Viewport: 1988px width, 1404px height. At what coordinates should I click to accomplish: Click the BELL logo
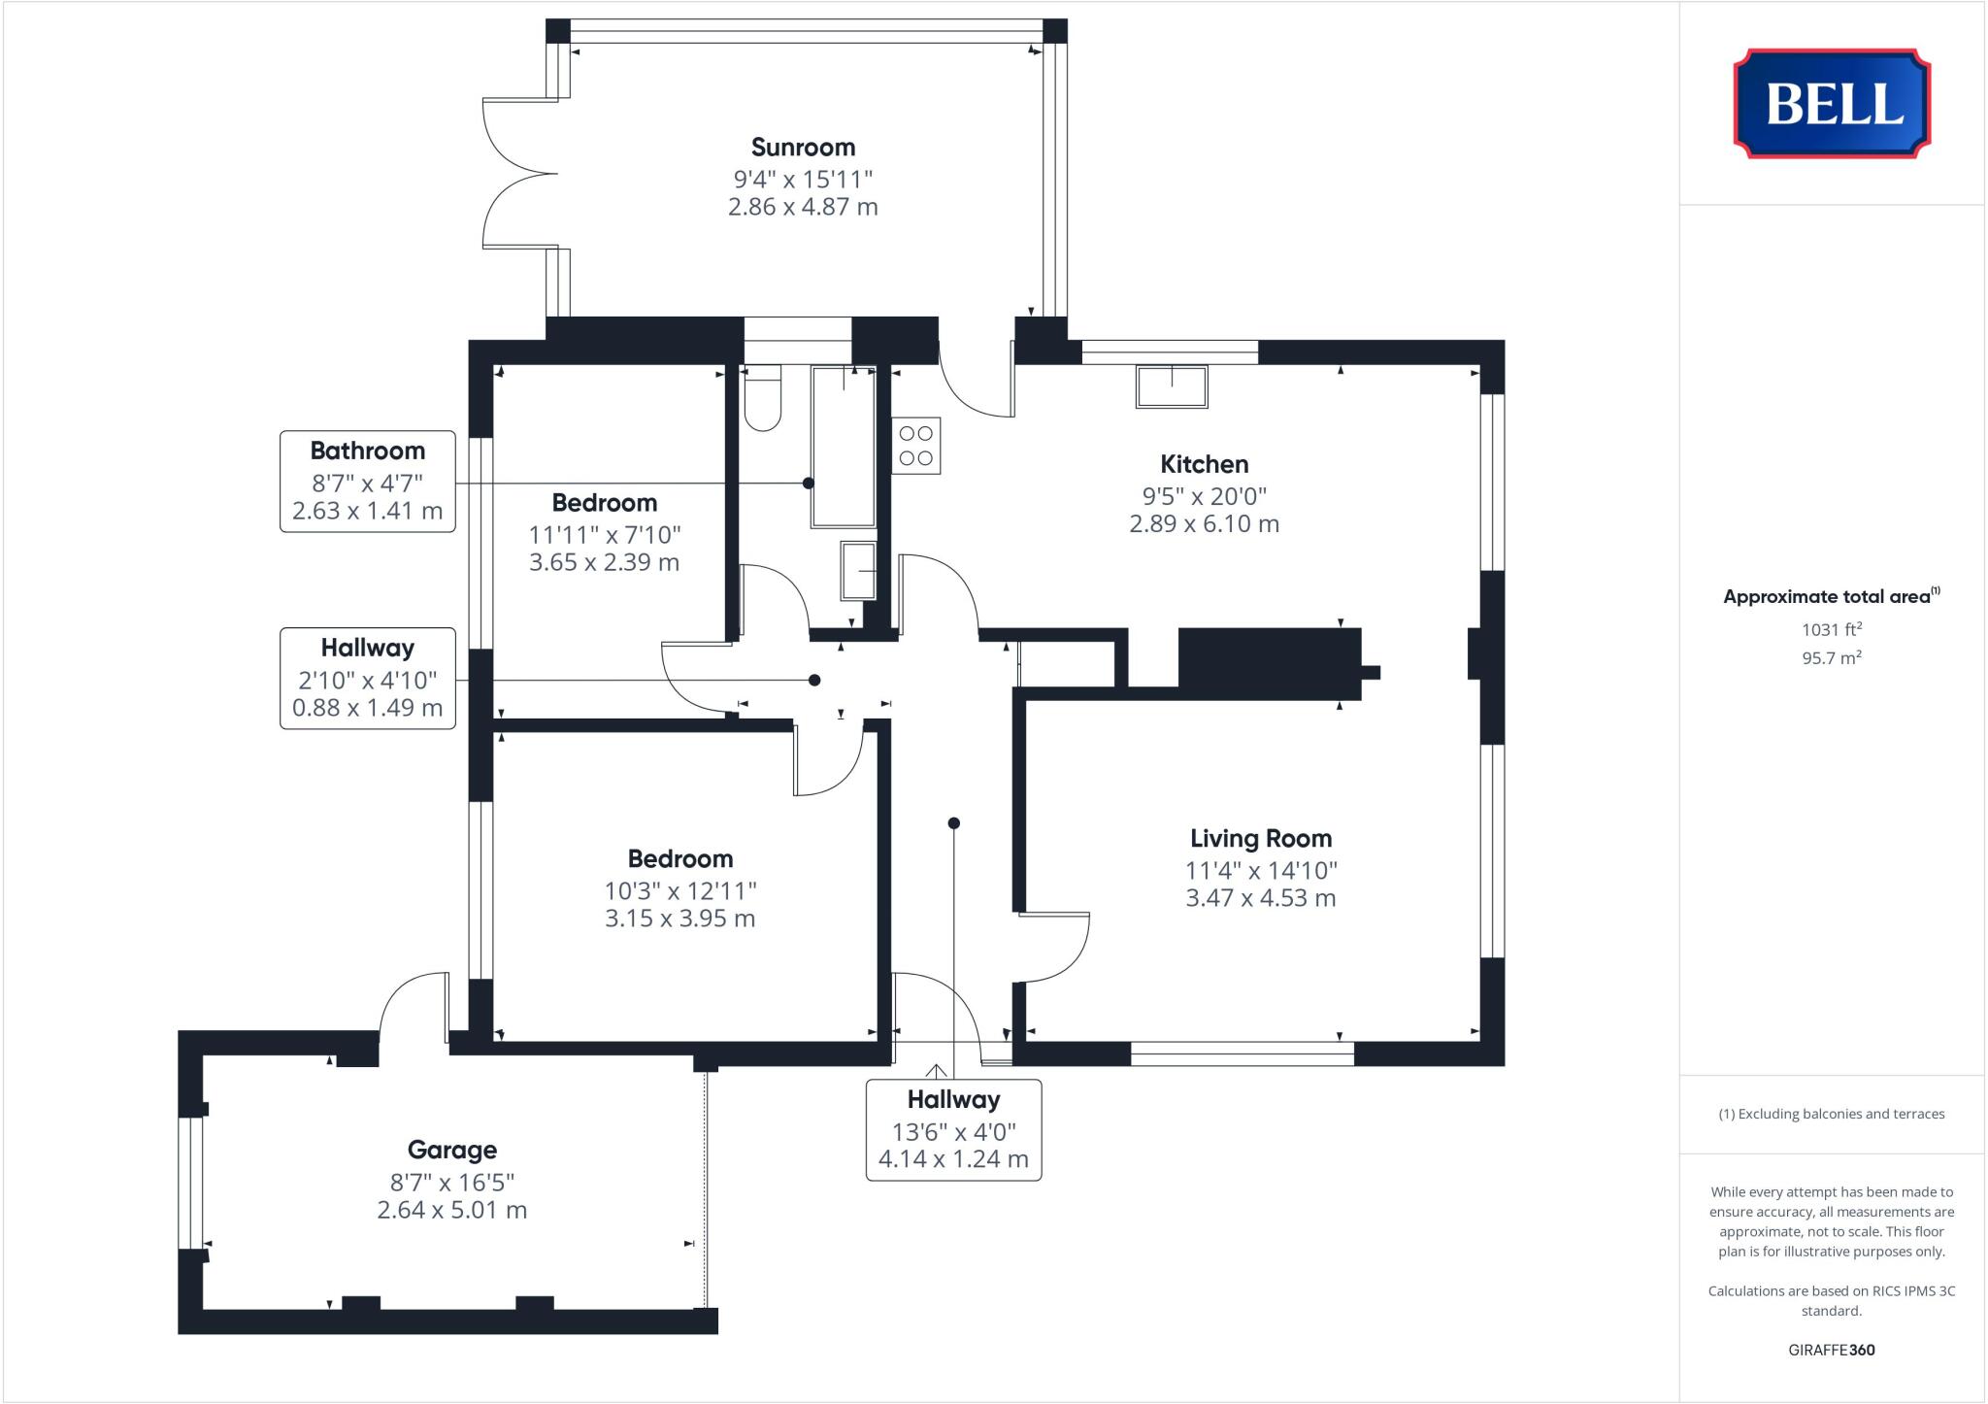click(x=1832, y=103)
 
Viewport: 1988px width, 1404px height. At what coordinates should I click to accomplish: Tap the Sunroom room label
click(x=803, y=148)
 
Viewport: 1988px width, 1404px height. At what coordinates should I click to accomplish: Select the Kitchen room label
click(x=1204, y=464)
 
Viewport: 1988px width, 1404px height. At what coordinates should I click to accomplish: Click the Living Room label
click(x=1261, y=838)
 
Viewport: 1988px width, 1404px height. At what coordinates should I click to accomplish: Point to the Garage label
click(x=451, y=1150)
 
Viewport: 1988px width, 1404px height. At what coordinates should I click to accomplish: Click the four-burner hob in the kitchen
click(x=915, y=446)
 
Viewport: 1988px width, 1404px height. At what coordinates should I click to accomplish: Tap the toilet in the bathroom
click(x=762, y=400)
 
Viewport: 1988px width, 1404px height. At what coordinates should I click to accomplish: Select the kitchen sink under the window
click(x=1172, y=386)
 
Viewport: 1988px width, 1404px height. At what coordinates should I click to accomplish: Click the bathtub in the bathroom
click(x=844, y=447)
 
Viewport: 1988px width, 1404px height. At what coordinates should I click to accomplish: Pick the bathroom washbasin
click(x=858, y=571)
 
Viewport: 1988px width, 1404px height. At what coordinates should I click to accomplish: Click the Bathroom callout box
click(x=367, y=482)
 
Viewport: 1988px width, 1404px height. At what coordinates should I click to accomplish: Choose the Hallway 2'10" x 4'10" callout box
click(x=367, y=678)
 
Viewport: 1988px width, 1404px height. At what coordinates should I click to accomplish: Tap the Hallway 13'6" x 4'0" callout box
click(x=953, y=1129)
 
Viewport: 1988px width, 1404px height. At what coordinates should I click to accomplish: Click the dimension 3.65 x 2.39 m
click(x=604, y=562)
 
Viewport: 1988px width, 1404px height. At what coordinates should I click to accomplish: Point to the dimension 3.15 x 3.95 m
click(x=679, y=919)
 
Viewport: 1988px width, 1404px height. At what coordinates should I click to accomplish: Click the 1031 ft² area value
click(x=1831, y=629)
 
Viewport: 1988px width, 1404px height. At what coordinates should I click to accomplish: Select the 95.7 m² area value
click(x=1831, y=657)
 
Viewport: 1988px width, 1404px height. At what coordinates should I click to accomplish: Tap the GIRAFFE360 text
click(x=1831, y=1350)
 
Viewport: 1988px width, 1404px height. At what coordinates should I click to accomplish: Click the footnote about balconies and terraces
click(x=1831, y=1114)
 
